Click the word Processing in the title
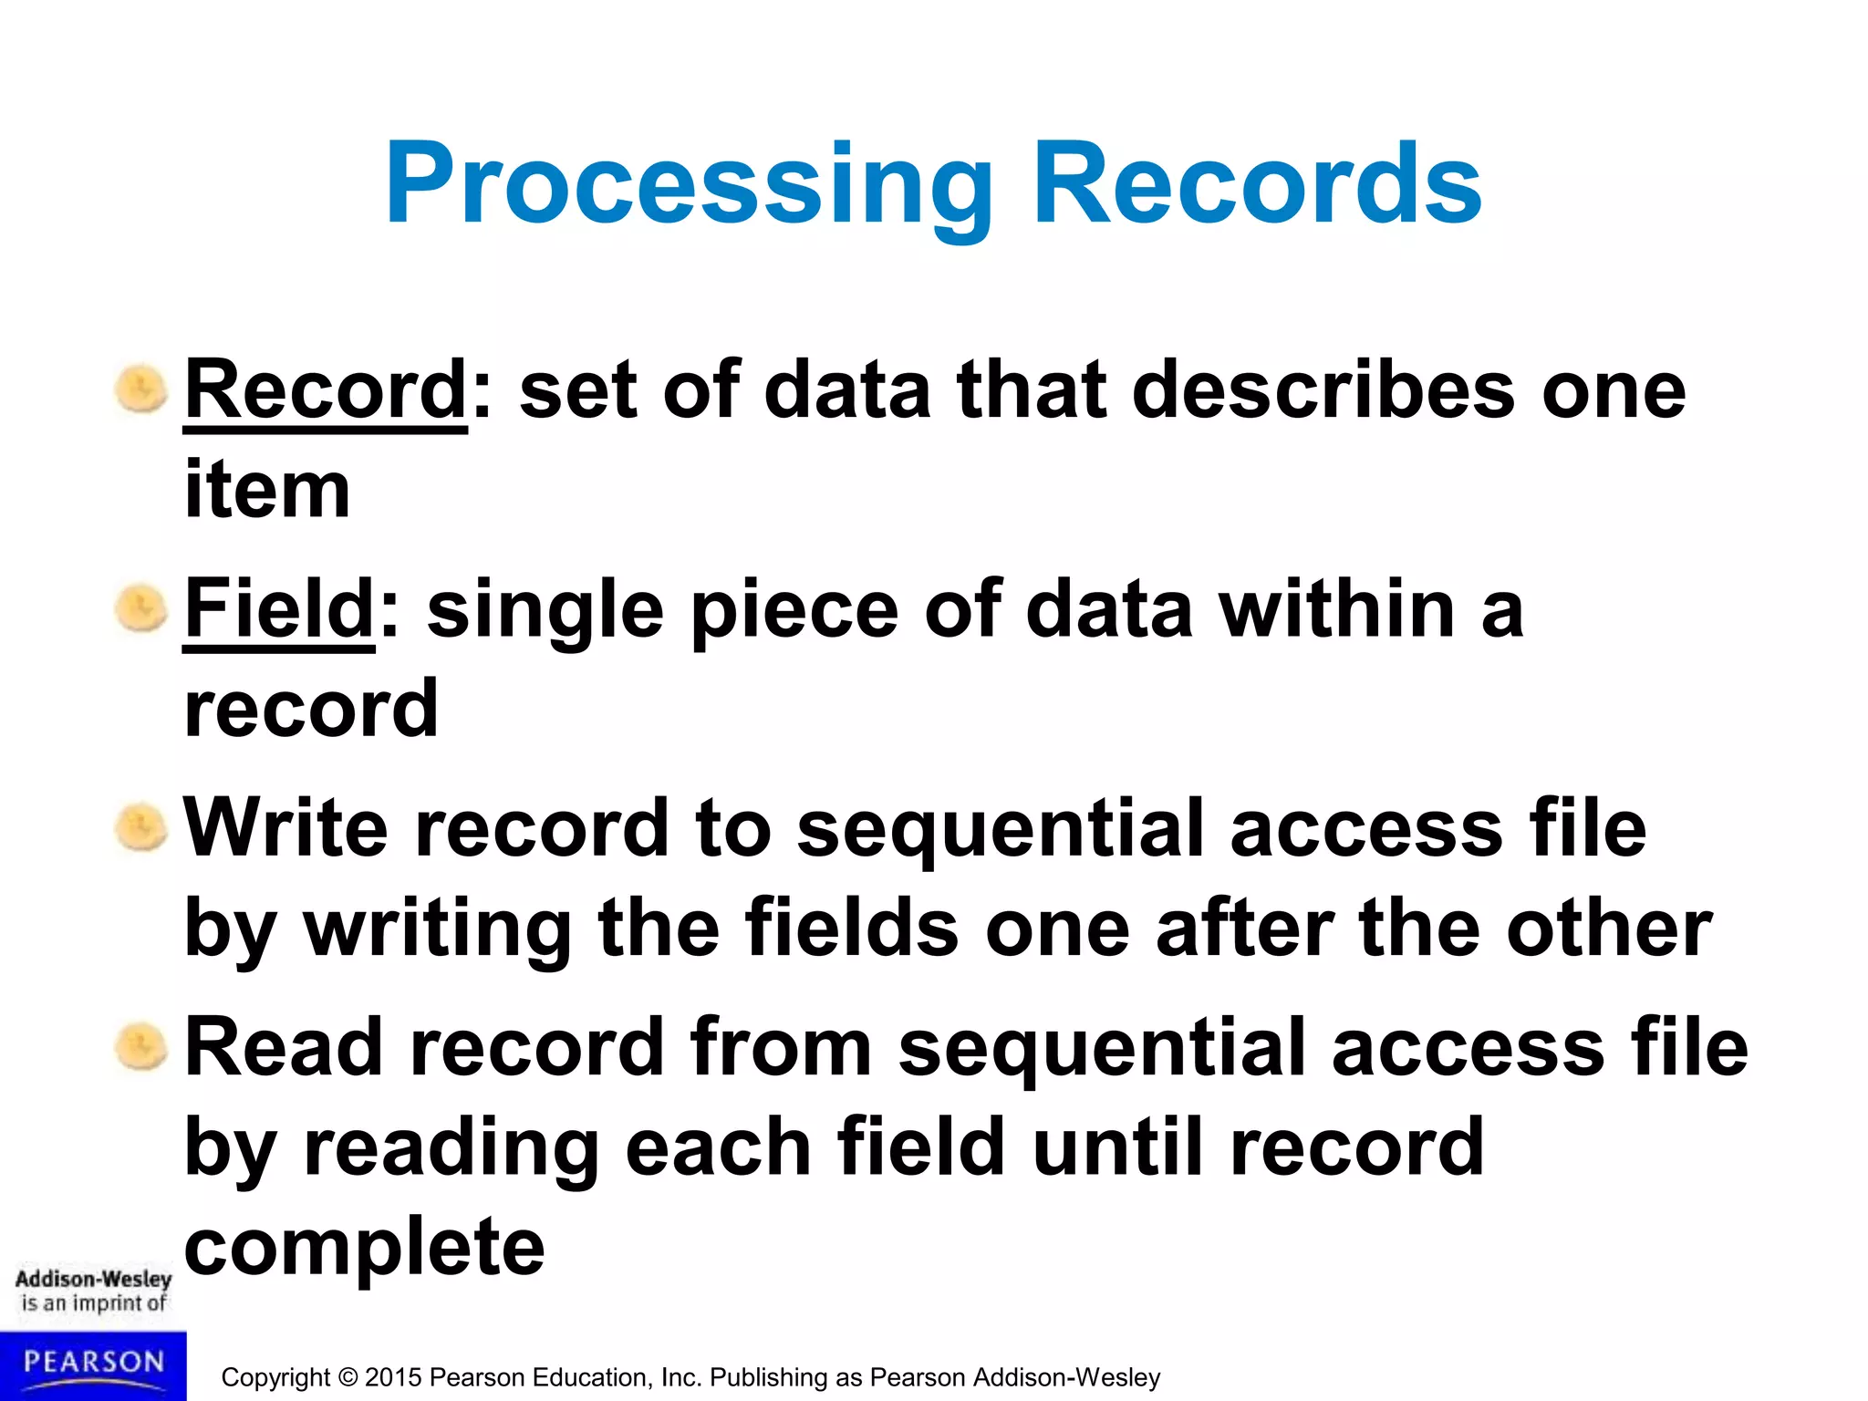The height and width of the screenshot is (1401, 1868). (689, 187)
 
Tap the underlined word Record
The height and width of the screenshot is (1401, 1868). (326, 390)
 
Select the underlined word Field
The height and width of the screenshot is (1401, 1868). (279, 609)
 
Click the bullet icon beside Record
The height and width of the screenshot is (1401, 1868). (141, 389)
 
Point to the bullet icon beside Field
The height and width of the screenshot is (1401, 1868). (141, 608)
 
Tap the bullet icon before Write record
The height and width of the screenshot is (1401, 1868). (141, 827)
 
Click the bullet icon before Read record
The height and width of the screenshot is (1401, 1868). (141, 1046)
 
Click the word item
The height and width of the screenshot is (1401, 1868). (267, 491)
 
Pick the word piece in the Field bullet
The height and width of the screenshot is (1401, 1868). (794, 609)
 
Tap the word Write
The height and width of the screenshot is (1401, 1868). (285, 828)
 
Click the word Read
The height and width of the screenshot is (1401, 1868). (284, 1047)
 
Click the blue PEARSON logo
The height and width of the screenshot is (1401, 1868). (93, 1365)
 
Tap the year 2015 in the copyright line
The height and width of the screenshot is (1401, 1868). (393, 1377)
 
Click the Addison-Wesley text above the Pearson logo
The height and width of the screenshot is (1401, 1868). (93, 1279)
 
